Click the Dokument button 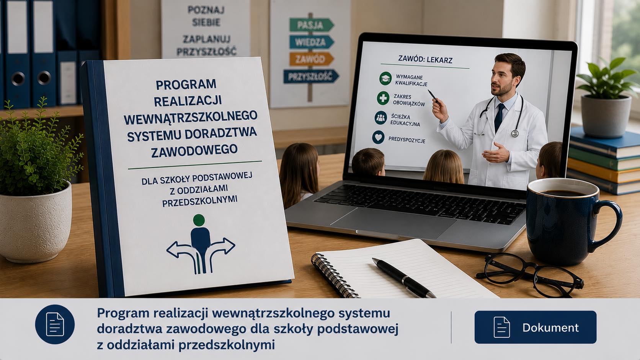click(536, 327)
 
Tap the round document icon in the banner click(55, 324)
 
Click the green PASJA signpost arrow click(312, 25)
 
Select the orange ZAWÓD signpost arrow click(312, 59)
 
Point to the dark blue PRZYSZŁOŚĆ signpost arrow click(311, 76)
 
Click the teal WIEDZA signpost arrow click(312, 42)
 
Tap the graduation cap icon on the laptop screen click(385, 78)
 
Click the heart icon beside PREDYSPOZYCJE click(378, 137)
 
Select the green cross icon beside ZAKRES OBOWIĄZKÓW click(383, 98)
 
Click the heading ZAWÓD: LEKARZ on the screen click(425, 60)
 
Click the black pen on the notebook click(403, 277)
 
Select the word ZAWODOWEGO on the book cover click(194, 150)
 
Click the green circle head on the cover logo click(199, 220)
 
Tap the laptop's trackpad click(393, 223)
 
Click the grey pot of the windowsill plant click(606, 116)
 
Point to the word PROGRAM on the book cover click(186, 85)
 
